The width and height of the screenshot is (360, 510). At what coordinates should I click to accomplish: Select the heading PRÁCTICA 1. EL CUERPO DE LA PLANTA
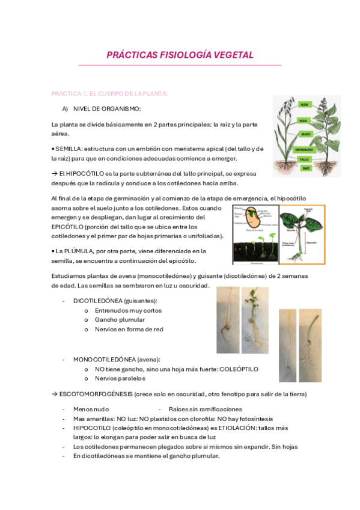pyautogui.click(x=109, y=94)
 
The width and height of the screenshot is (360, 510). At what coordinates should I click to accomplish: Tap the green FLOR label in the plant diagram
pyautogui.click(x=304, y=105)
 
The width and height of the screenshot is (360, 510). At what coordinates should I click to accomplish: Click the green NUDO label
pyautogui.click(x=305, y=134)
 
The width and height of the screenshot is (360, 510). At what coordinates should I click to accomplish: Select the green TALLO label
pyautogui.click(x=305, y=159)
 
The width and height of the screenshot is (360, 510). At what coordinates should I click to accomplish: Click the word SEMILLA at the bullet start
pyautogui.click(x=68, y=149)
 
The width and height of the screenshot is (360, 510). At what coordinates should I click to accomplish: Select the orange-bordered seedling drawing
pyautogui.click(x=299, y=234)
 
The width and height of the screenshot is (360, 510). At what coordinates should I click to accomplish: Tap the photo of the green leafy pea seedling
pyautogui.click(x=255, y=319)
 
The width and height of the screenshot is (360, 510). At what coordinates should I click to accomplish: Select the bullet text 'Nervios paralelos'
pyautogui.click(x=120, y=378)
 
